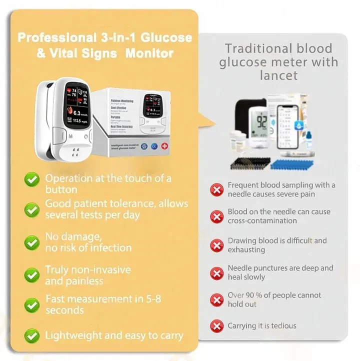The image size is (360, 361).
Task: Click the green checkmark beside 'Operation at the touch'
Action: pyautogui.click(x=32, y=179)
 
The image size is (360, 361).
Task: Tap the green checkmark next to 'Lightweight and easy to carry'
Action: pyautogui.click(x=32, y=335)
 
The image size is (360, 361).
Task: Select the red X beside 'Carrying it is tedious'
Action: pyautogui.click(x=216, y=326)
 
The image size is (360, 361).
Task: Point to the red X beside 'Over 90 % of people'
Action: pyautogui.click(x=216, y=300)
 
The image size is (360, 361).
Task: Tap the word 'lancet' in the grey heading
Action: pyautogui.click(x=278, y=75)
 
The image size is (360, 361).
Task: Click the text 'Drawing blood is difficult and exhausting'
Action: pyautogui.click(x=277, y=245)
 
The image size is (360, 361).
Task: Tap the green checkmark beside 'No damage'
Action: pyautogui.click(x=32, y=242)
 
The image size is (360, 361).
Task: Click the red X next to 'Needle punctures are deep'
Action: pyautogui.click(x=216, y=273)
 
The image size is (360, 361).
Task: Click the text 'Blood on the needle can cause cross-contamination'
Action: pyautogui.click(x=278, y=216)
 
